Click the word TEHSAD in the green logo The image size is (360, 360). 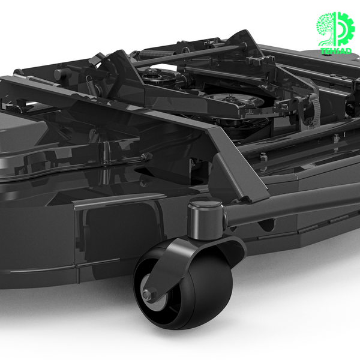(x=337, y=51)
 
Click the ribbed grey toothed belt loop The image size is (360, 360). (x=314, y=110)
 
